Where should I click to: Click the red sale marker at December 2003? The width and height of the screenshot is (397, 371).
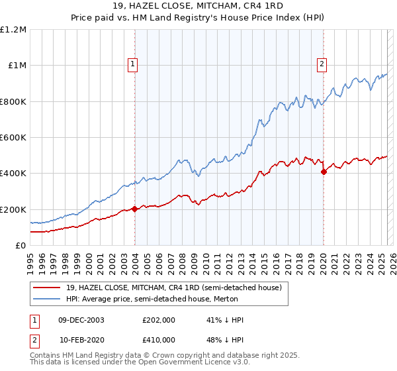click(x=135, y=209)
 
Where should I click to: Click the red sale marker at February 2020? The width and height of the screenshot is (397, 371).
click(x=324, y=172)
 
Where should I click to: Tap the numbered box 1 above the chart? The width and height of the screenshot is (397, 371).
click(x=133, y=64)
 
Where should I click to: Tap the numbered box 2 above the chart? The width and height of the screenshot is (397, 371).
click(x=322, y=64)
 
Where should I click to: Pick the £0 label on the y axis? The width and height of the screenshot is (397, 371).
click(x=21, y=246)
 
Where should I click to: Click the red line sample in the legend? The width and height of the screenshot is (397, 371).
click(x=47, y=288)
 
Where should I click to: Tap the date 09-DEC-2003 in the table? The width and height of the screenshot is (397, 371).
click(x=80, y=320)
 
